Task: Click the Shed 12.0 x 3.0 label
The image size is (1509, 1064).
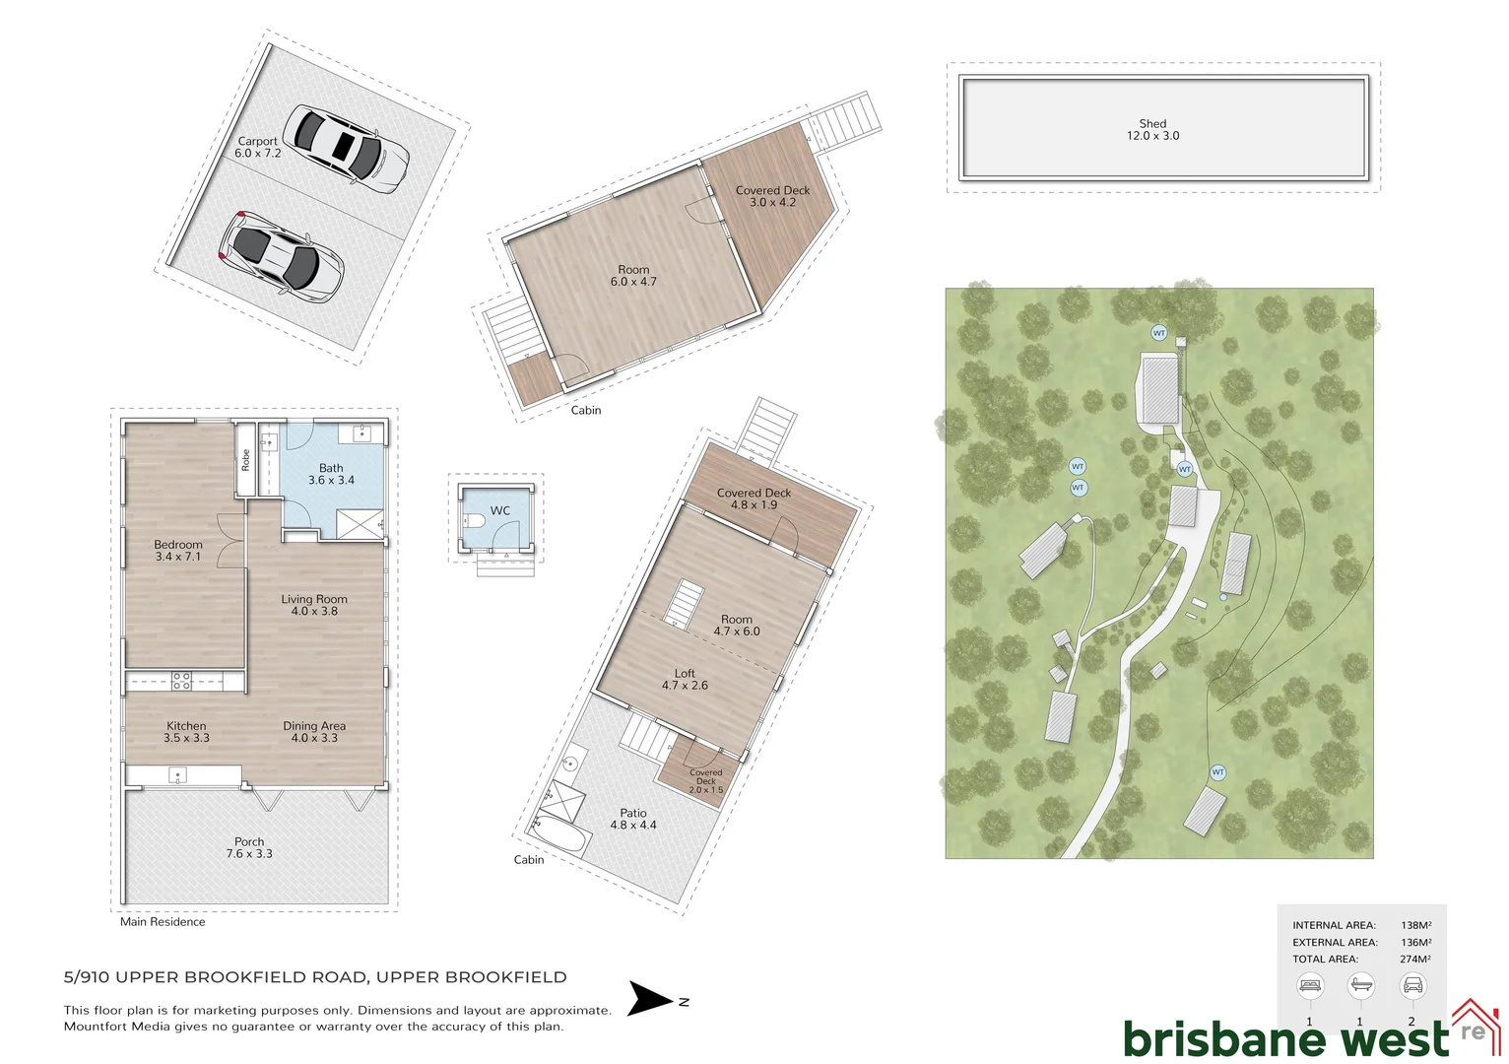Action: (1152, 130)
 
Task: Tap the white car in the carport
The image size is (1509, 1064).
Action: (346, 149)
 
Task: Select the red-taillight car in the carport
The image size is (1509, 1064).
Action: (281, 254)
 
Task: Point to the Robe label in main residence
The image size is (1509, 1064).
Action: (245, 460)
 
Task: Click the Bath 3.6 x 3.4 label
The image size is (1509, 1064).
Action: (331, 474)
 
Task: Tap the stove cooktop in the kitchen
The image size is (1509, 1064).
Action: (182, 680)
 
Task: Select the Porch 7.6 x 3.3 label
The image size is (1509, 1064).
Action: (249, 847)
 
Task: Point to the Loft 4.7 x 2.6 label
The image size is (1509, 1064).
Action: (685, 679)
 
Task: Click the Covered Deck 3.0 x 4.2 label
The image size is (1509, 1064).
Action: (772, 196)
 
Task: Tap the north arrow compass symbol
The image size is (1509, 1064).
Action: (651, 999)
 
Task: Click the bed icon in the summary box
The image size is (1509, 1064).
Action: (1310, 985)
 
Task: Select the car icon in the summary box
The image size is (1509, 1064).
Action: (1411, 985)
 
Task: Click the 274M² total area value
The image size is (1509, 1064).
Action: (1415, 959)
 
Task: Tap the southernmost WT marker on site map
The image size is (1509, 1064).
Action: (1218, 772)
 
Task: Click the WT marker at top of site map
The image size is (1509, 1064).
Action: (1159, 333)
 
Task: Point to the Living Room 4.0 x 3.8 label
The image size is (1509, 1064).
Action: (314, 605)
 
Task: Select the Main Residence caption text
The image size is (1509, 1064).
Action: (163, 922)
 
